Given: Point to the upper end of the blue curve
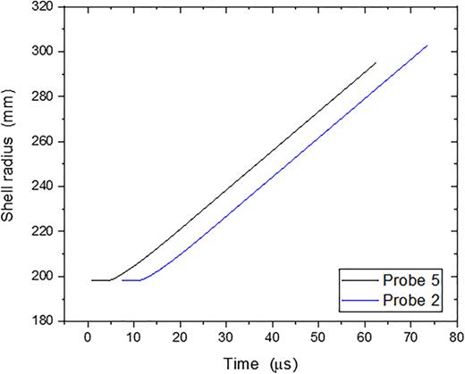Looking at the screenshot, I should point(427,46).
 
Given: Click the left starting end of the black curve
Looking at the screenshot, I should point(92,280).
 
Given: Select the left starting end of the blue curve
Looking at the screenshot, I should point(123,280).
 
